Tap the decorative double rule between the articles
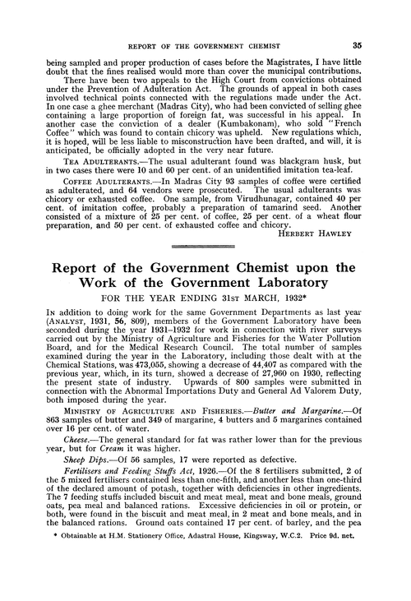click(x=205, y=245)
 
